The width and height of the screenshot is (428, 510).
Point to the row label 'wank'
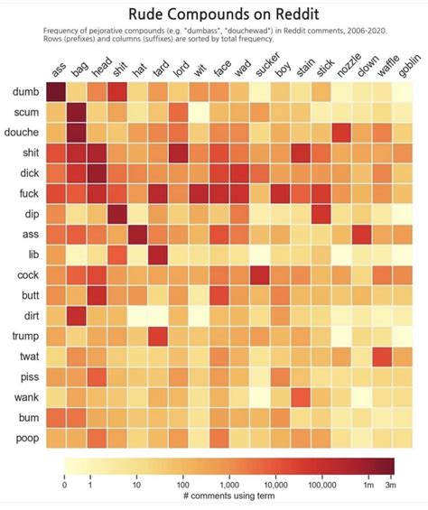point(23,397)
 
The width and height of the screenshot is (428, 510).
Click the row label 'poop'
point(23,438)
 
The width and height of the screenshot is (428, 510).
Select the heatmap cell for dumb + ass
point(56,92)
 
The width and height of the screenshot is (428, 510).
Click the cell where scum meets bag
point(77,113)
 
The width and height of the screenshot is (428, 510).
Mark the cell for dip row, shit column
point(117,215)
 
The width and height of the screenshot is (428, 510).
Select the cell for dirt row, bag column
point(77,316)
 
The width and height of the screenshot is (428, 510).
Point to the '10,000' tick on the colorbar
point(274,485)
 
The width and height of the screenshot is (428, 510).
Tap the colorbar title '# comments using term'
point(228,496)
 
